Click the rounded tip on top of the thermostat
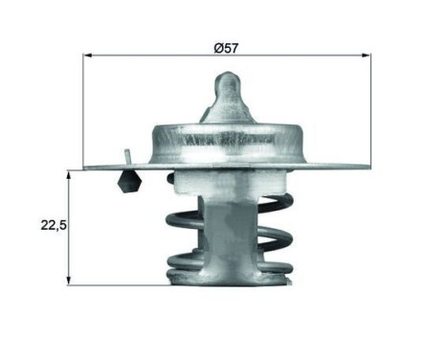(x=227, y=82)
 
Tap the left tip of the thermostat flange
(x=86, y=168)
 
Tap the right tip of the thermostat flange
(x=368, y=167)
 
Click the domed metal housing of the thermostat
(x=227, y=142)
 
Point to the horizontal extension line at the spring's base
(x=115, y=284)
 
